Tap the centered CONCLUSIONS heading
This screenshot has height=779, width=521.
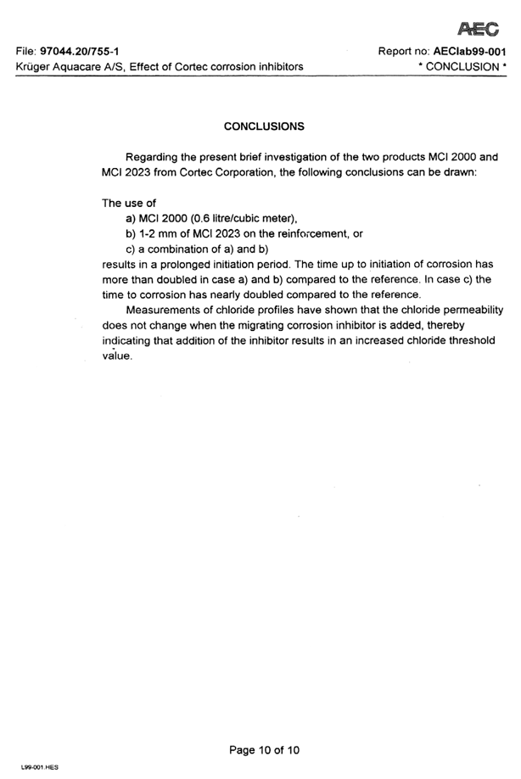tap(264, 126)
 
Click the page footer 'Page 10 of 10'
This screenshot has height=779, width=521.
tap(264, 749)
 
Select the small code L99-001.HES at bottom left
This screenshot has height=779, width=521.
tap(39, 767)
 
